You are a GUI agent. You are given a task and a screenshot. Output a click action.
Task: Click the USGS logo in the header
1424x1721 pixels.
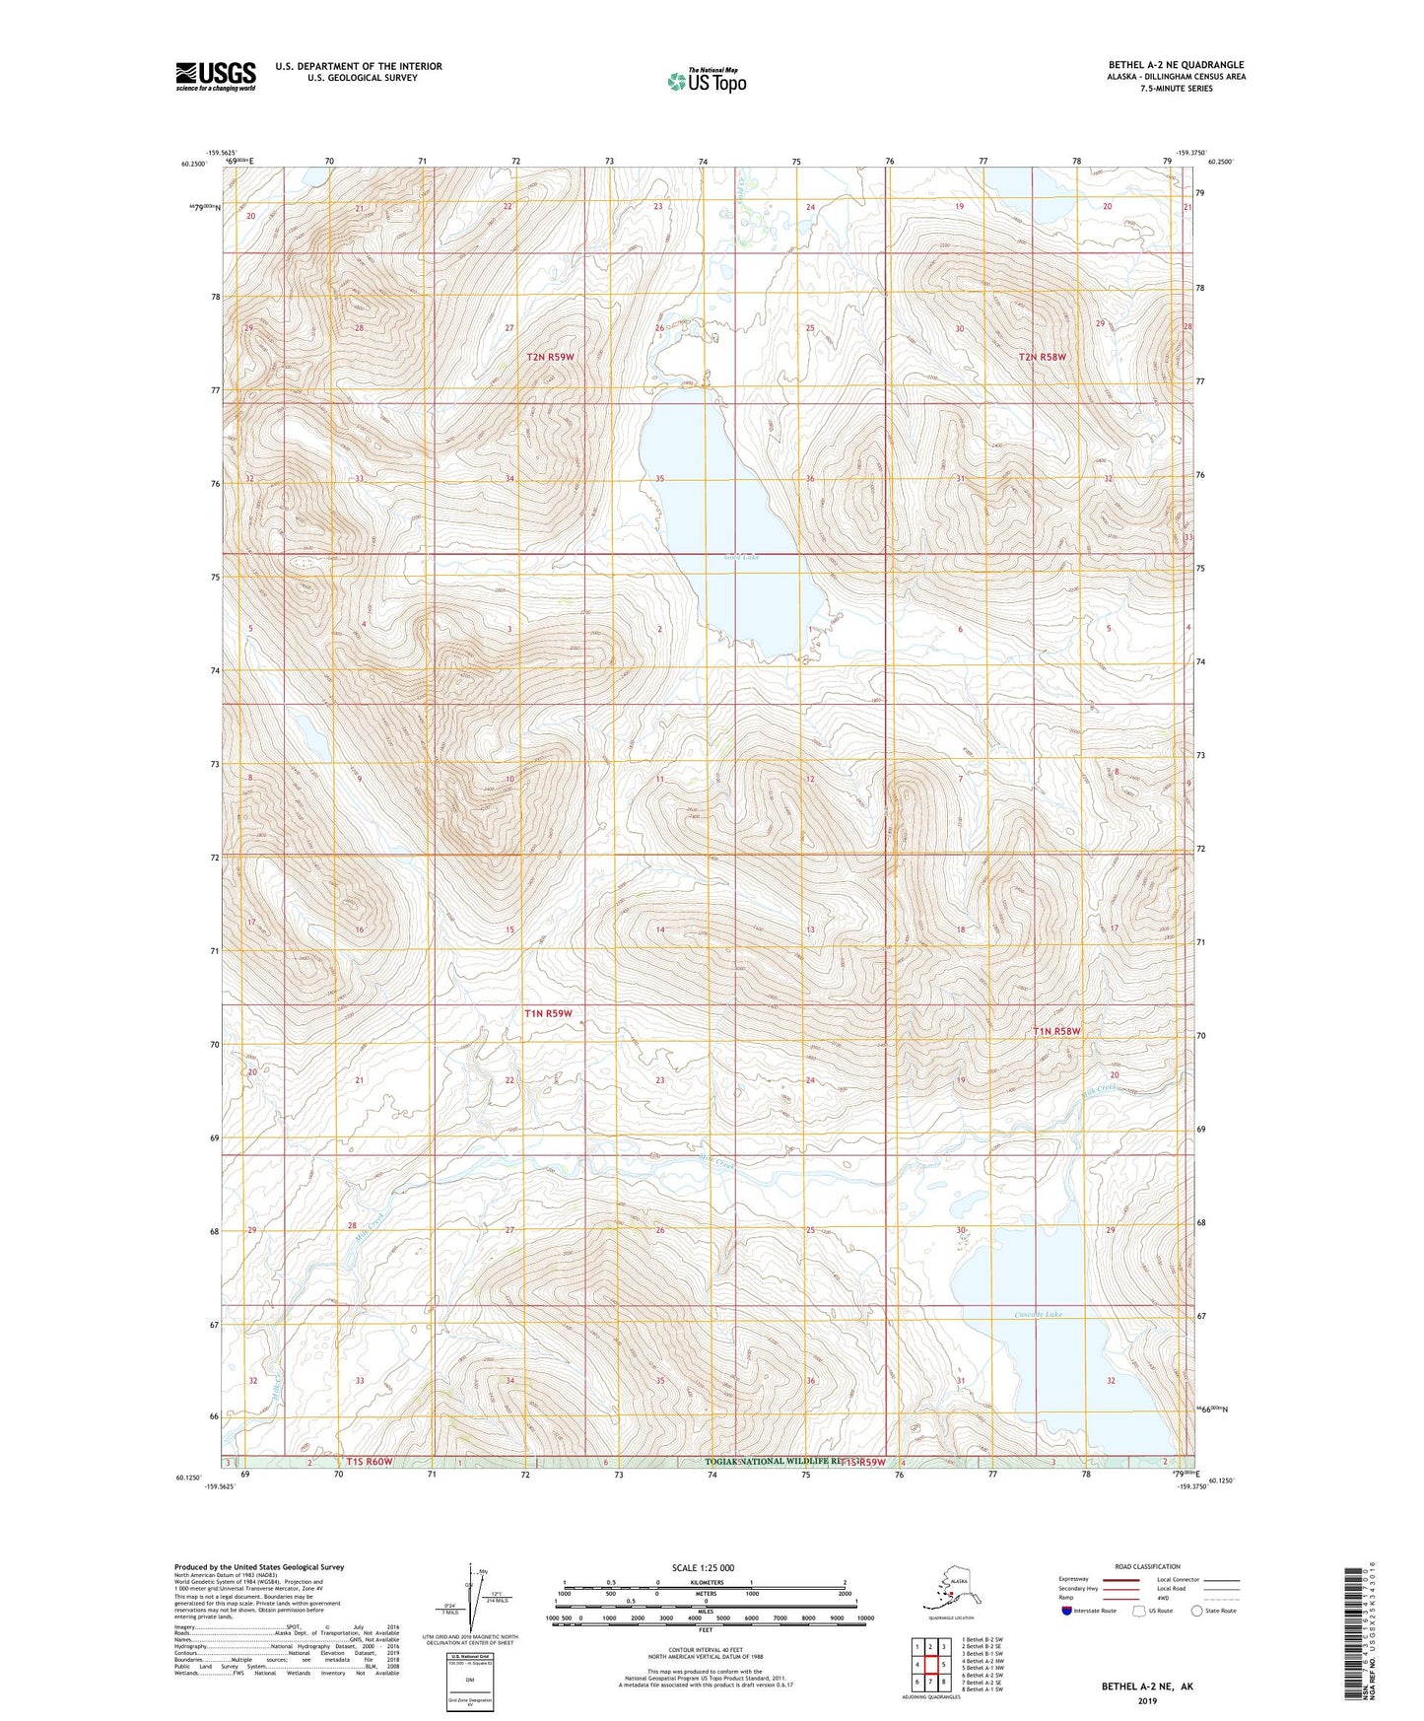point(215,76)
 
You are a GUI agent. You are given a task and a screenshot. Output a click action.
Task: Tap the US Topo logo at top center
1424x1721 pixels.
point(706,81)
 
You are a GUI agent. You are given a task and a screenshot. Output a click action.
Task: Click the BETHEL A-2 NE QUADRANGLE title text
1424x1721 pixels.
point(1175,65)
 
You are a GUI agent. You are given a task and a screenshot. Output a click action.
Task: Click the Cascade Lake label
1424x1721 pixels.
point(1039,1314)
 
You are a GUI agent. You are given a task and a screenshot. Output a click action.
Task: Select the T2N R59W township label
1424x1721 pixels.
point(550,357)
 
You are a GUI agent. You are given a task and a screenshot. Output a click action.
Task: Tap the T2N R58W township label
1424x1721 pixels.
point(1043,357)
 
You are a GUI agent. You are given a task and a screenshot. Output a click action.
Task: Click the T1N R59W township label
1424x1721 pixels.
point(548,1013)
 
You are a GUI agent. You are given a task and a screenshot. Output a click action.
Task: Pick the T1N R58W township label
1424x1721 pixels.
point(1056,1031)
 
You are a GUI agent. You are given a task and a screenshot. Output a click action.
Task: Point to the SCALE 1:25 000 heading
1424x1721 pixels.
point(703,1567)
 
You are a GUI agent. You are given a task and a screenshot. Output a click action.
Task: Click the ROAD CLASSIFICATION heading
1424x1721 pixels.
point(1147,1566)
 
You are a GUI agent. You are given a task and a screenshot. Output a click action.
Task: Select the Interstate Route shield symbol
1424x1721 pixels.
point(1066,1611)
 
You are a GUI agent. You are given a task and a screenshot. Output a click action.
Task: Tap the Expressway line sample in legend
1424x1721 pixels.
point(1120,1579)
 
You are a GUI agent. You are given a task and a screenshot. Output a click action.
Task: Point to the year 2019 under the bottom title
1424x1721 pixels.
point(1146,1700)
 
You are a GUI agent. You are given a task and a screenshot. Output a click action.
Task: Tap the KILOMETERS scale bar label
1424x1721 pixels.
point(704,1582)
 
